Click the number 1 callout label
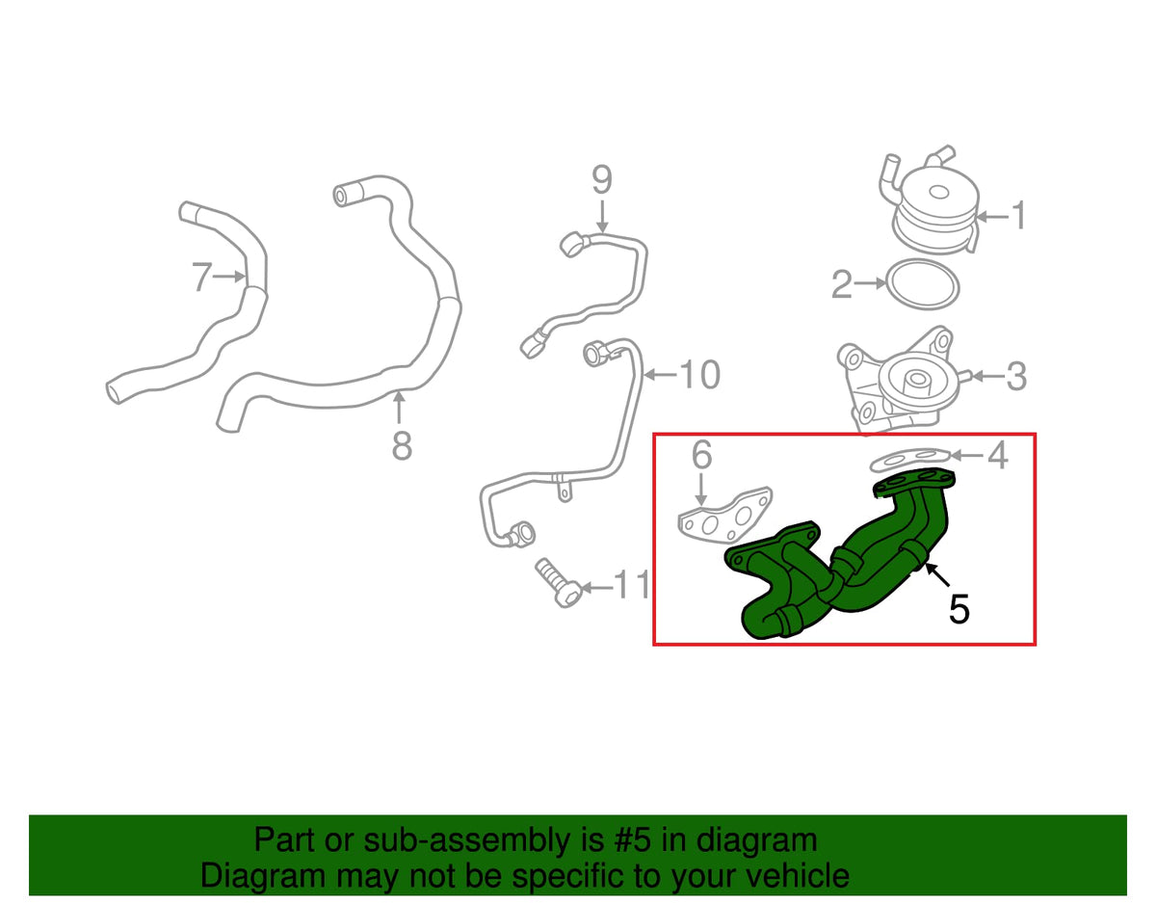click(1018, 216)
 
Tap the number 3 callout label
click(1016, 376)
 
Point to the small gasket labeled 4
click(909, 458)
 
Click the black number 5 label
click(959, 609)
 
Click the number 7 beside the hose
click(202, 277)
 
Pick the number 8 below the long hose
click(402, 446)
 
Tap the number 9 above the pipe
click(602, 180)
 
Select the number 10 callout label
click(700, 375)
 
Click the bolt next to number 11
click(557, 582)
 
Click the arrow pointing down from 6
click(701, 490)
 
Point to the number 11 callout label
click(631, 584)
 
